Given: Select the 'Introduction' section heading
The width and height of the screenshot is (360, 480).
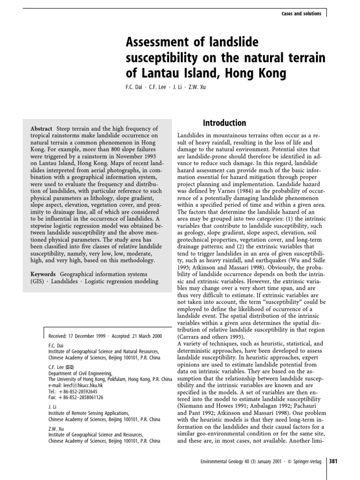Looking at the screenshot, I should [224, 123].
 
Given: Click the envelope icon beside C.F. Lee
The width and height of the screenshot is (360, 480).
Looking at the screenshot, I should [69, 367].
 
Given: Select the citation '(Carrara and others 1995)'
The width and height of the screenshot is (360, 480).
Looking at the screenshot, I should [210, 337].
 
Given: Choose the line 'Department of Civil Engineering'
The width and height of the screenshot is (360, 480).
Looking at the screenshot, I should [80, 373].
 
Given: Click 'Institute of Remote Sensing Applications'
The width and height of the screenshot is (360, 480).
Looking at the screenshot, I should [89, 413].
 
